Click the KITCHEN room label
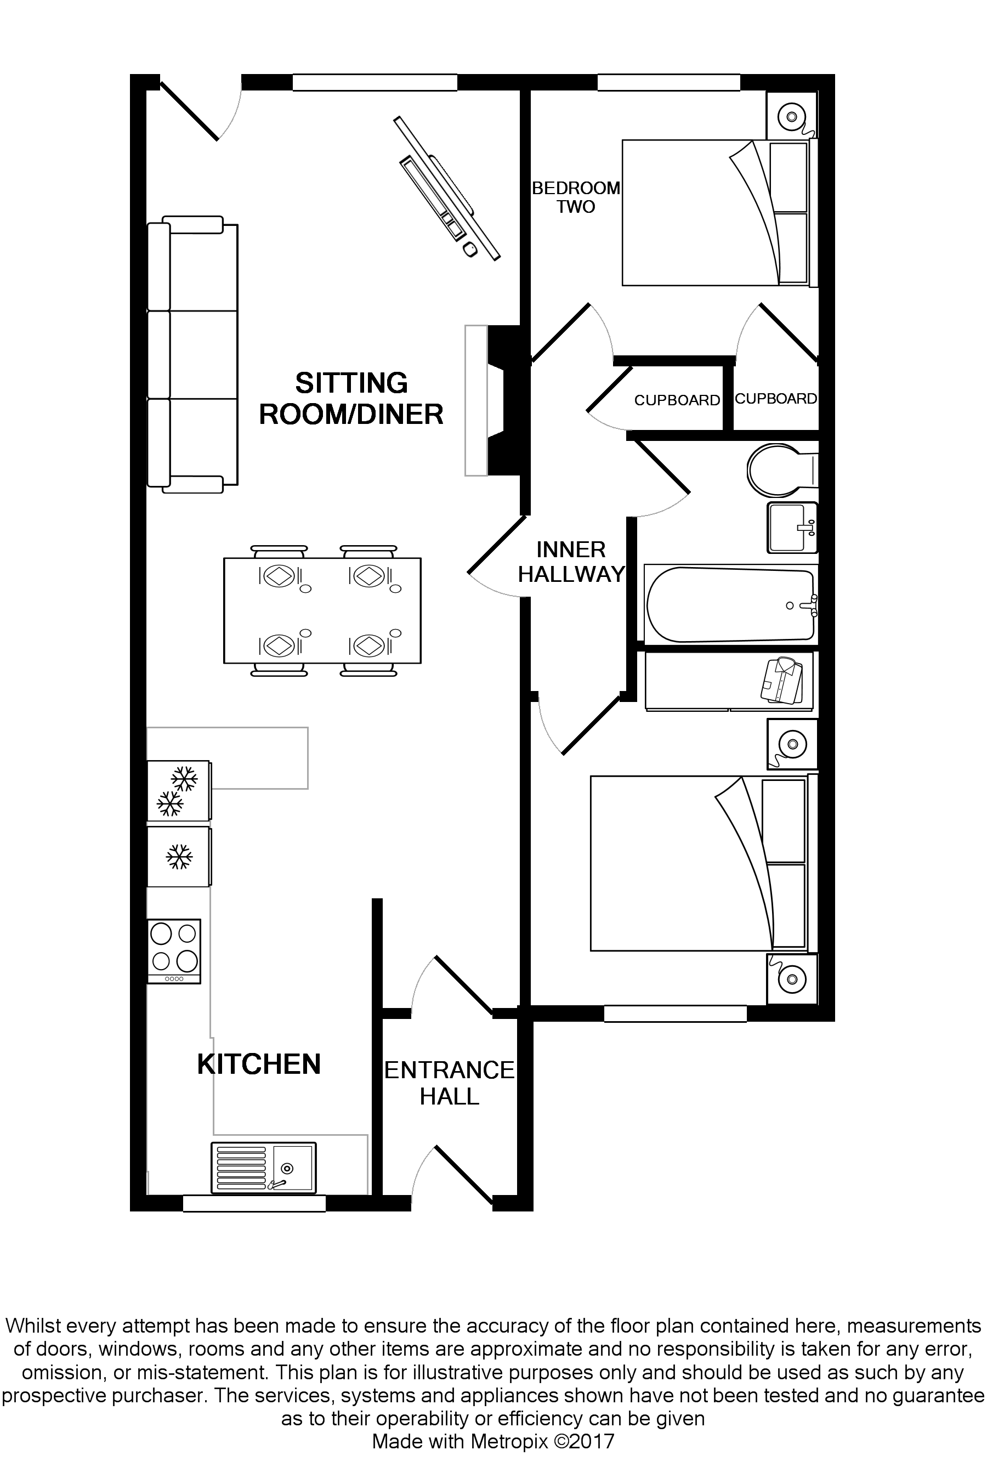point(258,1064)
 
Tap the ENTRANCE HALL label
point(449,1083)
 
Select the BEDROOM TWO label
point(575,197)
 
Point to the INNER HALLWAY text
point(571,562)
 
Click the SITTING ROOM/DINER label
point(351,399)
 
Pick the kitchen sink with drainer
point(263,1168)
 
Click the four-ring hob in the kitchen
point(173,950)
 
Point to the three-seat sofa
point(192,355)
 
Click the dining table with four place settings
point(322,610)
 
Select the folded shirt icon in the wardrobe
point(782,680)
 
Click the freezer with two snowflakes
point(178,790)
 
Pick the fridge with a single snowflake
point(178,856)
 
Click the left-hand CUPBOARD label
point(677,400)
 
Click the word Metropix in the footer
point(510,1441)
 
